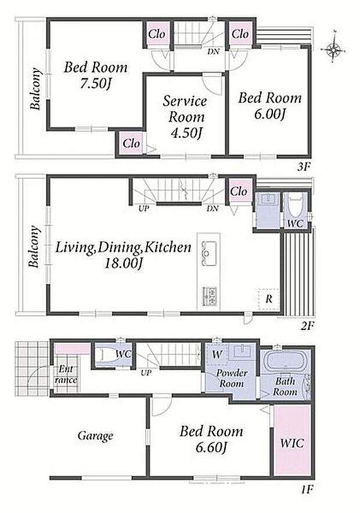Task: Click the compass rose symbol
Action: tap(333, 50)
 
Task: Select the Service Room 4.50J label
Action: tap(185, 117)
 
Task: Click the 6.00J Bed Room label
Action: tap(270, 106)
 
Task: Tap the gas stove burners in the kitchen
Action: tap(209, 297)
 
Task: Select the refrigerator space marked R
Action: tap(269, 299)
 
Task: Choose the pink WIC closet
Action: tap(291, 439)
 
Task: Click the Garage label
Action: tap(95, 436)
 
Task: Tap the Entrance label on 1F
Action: tap(66, 375)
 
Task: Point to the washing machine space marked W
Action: tap(217, 354)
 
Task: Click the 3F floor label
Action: tap(304, 167)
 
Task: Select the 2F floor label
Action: tap(307, 326)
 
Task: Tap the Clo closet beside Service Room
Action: tap(131, 143)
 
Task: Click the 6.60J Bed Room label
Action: tap(211, 439)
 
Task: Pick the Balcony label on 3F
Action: tap(35, 89)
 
